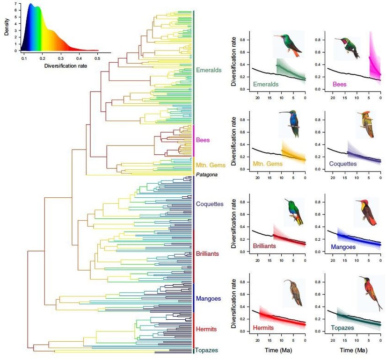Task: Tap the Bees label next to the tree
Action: pyautogui.click(x=204, y=140)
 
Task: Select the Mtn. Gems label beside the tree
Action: pyautogui.click(x=211, y=165)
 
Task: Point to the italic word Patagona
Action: pyautogui.click(x=208, y=174)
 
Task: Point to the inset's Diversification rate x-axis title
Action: pyautogui.click(x=66, y=65)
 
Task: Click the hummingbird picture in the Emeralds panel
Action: pyautogui.click(x=288, y=44)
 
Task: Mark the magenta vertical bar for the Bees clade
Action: pyautogui.click(x=193, y=141)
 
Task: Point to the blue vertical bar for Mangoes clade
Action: pyautogui.click(x=193, y=297)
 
